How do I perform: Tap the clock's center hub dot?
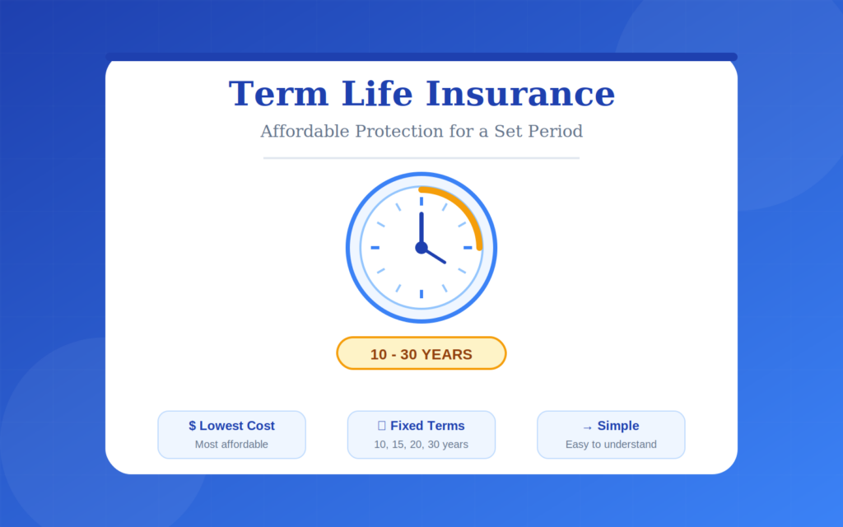coord(421,247)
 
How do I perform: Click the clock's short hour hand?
coord(435,255)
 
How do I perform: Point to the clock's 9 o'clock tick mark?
coord(375,247)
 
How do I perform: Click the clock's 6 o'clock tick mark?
coord(421,294)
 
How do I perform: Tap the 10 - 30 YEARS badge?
coord(421,354)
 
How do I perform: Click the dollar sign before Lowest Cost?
coord(193,427)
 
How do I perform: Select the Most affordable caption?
coord(231,445)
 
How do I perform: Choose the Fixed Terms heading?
coord(427,427)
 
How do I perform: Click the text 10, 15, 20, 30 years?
coord(421,445)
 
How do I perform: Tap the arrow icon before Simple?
coord(587,427)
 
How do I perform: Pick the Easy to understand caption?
coord(611,445)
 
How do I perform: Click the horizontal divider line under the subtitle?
coord(421,157)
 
